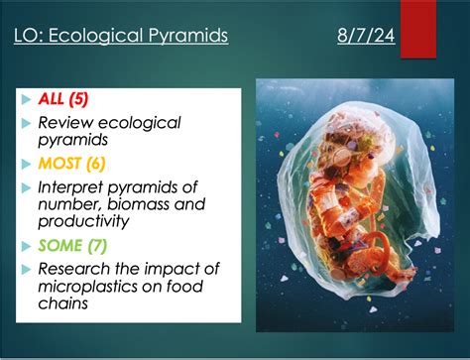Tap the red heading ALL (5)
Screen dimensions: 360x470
[x=64, y=98]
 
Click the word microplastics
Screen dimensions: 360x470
[x=91, y=286]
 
